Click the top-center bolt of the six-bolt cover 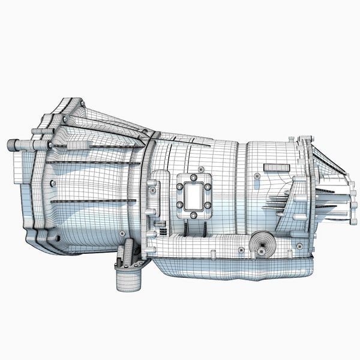coord(193,178)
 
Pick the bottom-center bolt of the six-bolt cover coord(193,215)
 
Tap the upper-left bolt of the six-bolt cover coord(179,187)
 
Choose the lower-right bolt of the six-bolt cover coord(208,205)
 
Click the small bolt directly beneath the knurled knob coord(262,253)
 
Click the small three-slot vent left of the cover coord(160,227)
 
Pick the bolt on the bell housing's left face coord(53,182)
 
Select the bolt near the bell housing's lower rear coord(122,232)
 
